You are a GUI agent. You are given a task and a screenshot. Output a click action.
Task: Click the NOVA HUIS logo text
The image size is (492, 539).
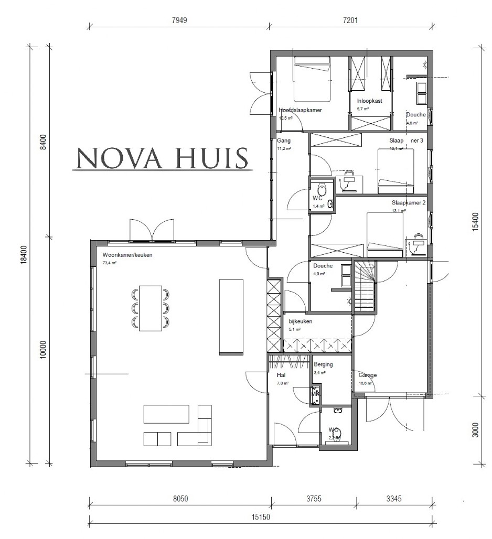(x=162, y=158)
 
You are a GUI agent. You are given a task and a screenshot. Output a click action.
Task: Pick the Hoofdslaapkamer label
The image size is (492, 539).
(x=300, y=111)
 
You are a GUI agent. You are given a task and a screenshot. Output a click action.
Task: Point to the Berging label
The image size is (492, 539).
(x=323, y=364)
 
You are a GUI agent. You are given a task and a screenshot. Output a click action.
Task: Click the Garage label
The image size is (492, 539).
(x=368, y=375)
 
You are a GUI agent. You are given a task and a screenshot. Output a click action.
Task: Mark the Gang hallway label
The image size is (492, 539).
(x=283, y=141)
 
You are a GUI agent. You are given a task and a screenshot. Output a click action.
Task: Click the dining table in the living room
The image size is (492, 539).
(x=151, y=308)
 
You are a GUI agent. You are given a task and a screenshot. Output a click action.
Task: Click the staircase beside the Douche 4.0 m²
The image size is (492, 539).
(x=366, y=286)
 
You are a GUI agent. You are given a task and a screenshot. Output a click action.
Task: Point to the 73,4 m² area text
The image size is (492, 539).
(x=110, y=262)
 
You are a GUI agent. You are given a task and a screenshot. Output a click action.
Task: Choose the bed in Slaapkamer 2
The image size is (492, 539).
(x=384, y=234)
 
